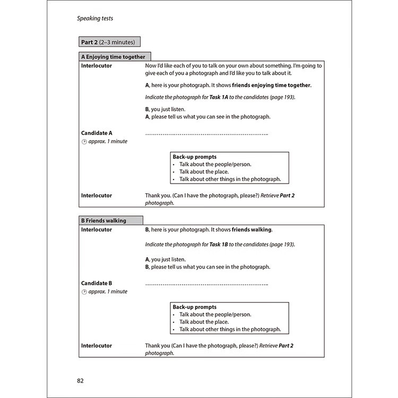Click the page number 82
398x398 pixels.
(x=81, y=380)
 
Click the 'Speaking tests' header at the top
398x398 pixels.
(x=95, y=19)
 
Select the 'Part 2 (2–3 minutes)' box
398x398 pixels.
(x=108, y=42)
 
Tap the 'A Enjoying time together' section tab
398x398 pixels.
(x=114, y=57)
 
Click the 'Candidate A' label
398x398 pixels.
(x=97, y=133)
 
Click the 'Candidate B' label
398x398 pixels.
(x=97, y=283)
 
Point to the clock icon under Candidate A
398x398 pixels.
(x=84, y=142)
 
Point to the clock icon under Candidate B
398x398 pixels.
(x=84, y=292)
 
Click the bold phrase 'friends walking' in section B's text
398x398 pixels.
(x=252, y=230)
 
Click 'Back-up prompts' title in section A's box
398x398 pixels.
(x=194, y=157)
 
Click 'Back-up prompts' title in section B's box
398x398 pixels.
(x=194, y=307)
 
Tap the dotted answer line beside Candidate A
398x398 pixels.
(x=206, y=133)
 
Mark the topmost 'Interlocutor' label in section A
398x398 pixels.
(x=97, y=66)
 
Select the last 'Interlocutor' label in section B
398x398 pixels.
(x=97, y=345)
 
